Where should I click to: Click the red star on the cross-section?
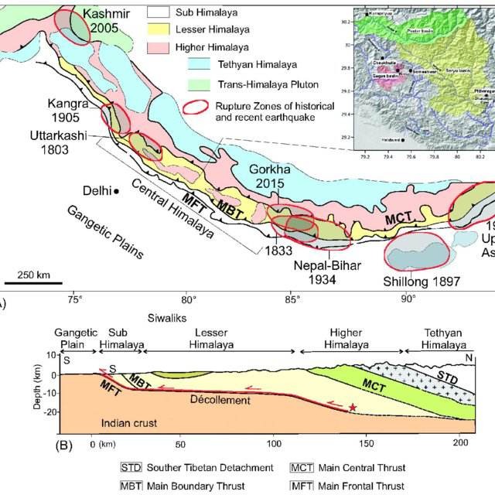tap(353, 407)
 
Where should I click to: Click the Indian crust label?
tap(128, 422)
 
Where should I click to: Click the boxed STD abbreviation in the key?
tap(130, 468)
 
